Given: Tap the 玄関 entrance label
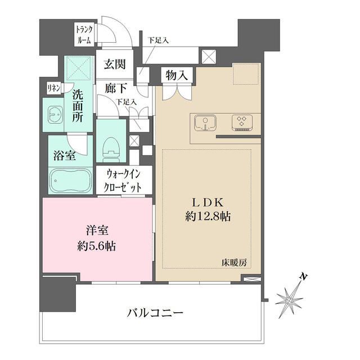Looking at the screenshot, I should point(114,65).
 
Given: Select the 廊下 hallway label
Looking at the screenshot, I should point(114,88).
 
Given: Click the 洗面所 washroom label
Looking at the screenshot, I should point(78,107).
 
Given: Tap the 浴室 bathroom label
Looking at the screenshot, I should point(64,156).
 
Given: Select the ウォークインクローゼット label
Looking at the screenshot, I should point(123,182).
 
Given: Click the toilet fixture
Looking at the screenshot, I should point(111,146).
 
